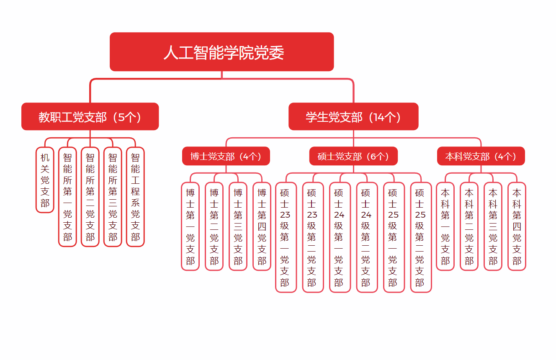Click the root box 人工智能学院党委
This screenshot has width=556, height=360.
(221, 52)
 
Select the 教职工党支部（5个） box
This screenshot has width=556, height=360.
(90, 117)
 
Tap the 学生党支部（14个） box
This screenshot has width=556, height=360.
(353, 117)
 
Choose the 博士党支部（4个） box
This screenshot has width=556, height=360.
(226, 156)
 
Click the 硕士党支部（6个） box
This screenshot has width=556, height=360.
(353, 156)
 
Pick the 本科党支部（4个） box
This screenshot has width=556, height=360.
(481, 156)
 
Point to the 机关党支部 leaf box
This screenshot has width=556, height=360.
(45, 180)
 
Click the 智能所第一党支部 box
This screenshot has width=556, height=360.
(67, 197)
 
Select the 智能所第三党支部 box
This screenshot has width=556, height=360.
(113, 197)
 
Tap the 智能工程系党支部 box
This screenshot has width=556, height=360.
(135, 197)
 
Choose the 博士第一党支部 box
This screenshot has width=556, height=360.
(190, 226)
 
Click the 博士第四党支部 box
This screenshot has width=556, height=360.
(262, 226)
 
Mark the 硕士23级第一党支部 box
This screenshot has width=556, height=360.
(286, 237)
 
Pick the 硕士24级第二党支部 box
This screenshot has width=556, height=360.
(366, 237)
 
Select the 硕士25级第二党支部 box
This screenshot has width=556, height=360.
(420, 237)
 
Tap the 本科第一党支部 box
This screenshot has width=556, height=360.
(445, 226)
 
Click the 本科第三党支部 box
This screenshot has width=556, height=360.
(493, 226)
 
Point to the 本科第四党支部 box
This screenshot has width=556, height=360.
(517, 226)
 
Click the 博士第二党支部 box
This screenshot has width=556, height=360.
(214, 226)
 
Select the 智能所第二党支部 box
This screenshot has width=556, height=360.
(90, 197)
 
